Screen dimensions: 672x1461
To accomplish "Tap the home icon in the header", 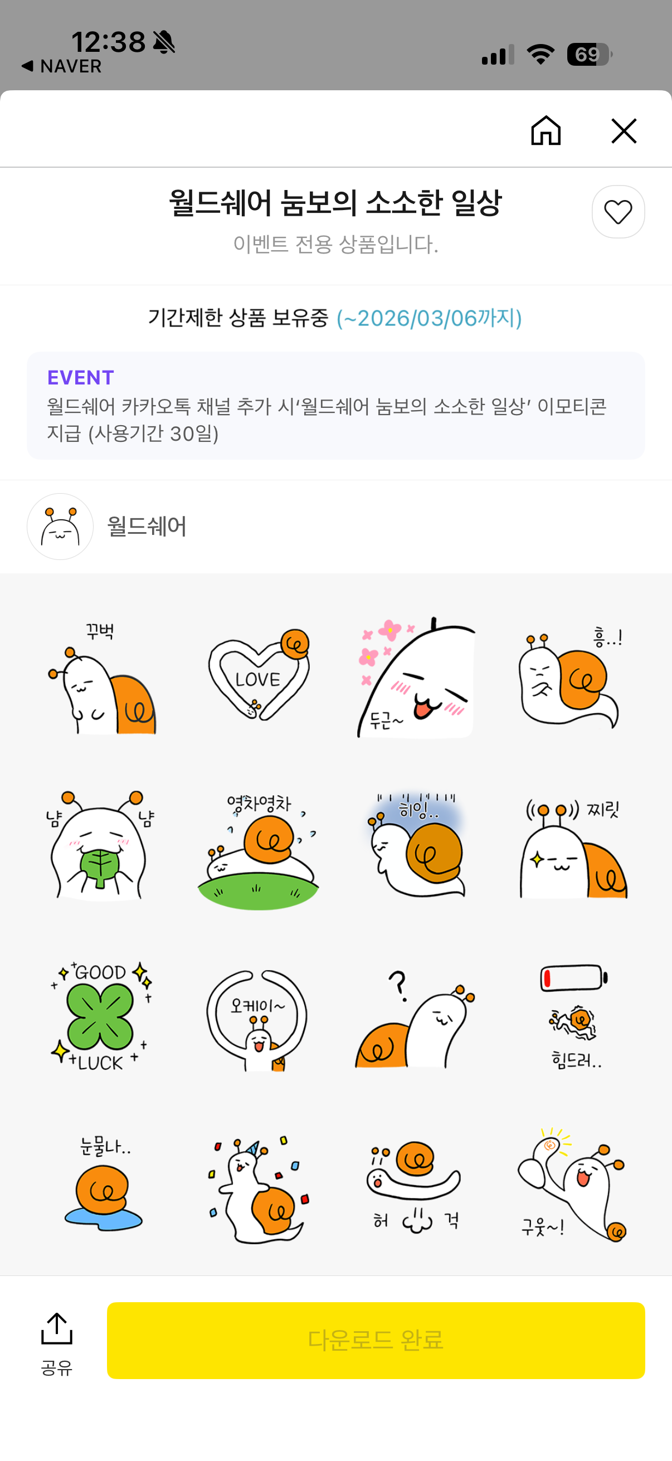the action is pos(546,130).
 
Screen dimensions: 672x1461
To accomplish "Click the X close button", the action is pos(624,131).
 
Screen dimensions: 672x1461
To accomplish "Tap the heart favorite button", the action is pos(618,212).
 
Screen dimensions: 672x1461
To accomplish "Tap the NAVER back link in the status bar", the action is pos(62,66).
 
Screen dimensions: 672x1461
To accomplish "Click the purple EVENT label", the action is pos(81,377).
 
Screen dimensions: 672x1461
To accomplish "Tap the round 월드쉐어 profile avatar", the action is pos(60,527).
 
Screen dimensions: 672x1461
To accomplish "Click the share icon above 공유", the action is pos(57,1328).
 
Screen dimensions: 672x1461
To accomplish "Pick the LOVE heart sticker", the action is pos(259,675).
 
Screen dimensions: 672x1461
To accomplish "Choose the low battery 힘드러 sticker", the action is pos(574,1016).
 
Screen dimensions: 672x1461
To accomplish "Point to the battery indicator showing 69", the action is pos(588,55).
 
